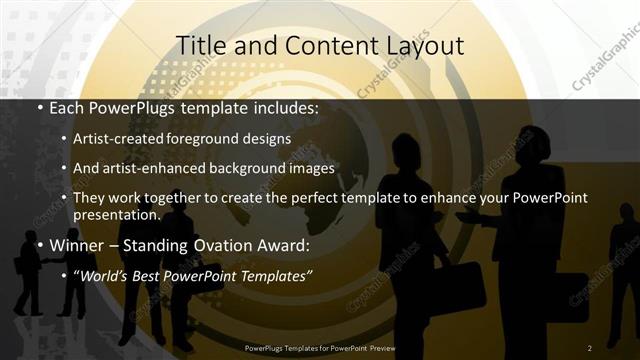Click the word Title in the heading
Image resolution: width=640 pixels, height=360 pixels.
tap(198, 45)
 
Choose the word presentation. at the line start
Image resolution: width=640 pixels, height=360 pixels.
tap(117, 215)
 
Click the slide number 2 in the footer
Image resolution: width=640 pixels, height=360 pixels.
tap(590, 348)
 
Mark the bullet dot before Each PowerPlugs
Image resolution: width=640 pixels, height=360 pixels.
tap(39, 107)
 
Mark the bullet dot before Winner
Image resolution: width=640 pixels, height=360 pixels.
tap(39, 245)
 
